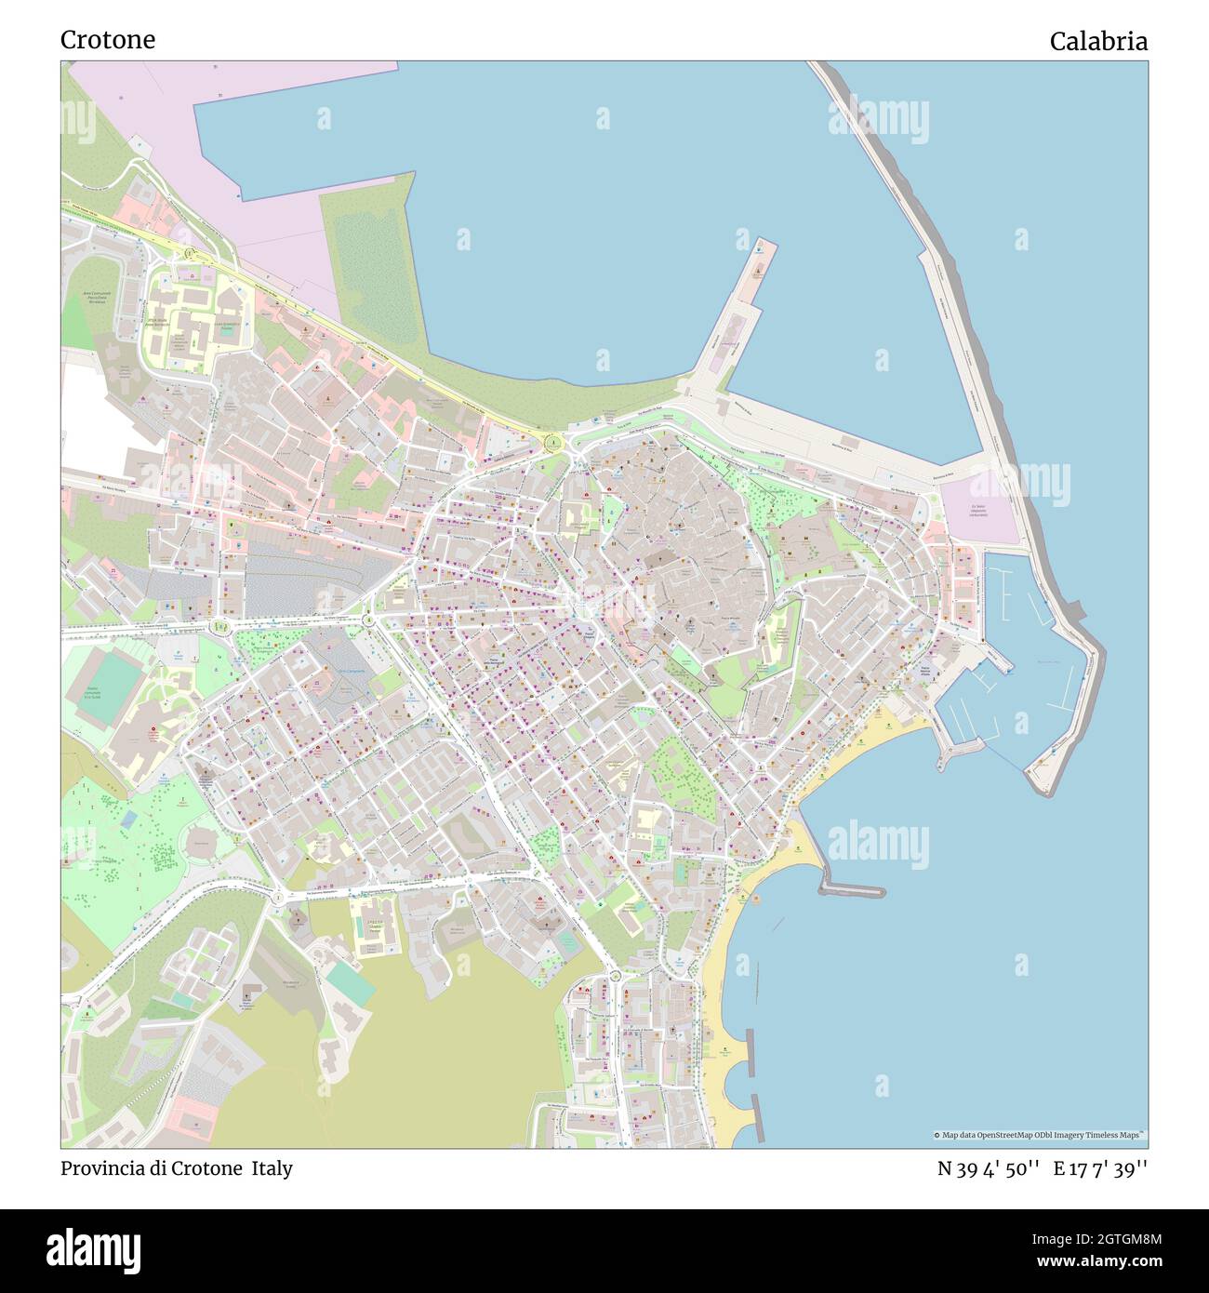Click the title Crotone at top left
click(108, 40)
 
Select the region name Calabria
click(1098, 41)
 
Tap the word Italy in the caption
click(270, 1168)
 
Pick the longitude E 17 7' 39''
click(1100, 1168)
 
